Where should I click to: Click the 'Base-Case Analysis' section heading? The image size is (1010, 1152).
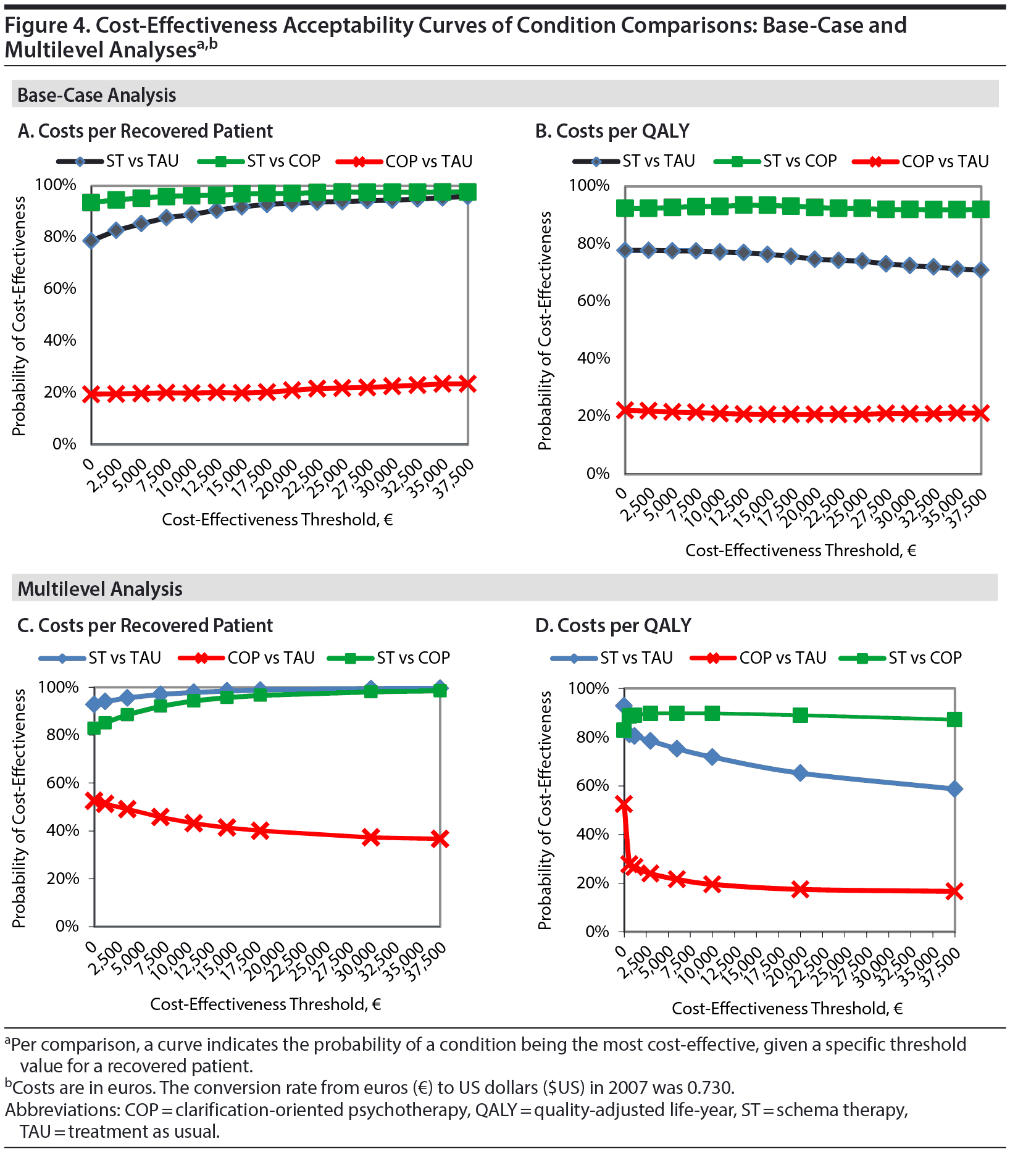click(97, 95)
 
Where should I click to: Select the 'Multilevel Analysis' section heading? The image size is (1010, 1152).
click(100, 589)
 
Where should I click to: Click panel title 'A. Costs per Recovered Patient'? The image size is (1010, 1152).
click(145, 131)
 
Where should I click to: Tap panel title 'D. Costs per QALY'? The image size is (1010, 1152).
click(612, 625)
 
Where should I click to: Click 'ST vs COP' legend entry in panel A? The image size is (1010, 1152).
click(283, 161)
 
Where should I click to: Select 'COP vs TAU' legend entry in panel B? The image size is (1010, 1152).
click(945, 161)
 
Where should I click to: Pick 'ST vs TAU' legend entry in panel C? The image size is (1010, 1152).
click(124, 657)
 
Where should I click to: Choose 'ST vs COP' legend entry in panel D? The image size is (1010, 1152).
click(925, 657)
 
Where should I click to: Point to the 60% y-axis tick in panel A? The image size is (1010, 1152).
click(60, 288)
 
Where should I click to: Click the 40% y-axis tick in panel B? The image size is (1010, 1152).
click(593, 358)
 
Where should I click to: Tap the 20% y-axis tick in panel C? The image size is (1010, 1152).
click(62, 878)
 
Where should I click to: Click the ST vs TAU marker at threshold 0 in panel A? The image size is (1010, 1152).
click(91, 241)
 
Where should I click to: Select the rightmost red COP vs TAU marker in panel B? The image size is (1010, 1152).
click(980, 413)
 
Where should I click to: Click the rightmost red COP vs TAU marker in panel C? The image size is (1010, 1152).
click(440, 838)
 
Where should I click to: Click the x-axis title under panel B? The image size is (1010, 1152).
click(800, 550)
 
